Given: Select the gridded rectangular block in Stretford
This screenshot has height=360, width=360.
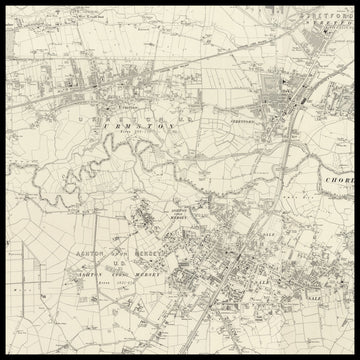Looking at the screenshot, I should tap(270, 85).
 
